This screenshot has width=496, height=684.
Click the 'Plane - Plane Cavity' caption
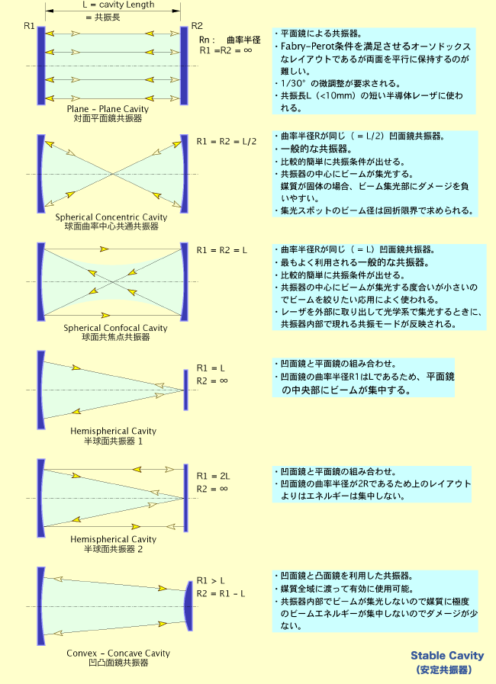pos(108,108)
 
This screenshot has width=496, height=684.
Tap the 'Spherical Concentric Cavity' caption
pos(111,217)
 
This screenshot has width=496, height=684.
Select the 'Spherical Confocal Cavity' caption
pos(115,328)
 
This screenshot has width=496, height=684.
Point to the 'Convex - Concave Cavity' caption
pos(118,653)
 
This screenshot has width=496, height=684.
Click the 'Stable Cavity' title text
pos(447,655)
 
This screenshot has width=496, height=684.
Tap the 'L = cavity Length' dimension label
pos(118,5)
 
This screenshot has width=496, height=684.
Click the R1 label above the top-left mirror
pos(29,26)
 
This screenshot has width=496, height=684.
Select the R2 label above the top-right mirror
pos(197,26)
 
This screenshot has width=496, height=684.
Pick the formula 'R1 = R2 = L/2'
pos(227,141)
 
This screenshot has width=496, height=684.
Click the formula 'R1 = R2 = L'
pos(222,250)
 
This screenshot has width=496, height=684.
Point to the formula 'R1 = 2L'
pos(213,476)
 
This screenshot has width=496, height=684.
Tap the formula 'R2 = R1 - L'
pos(221,593)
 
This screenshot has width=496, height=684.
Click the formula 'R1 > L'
pos(211,580)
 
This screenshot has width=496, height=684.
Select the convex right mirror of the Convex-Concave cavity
pos(188,606)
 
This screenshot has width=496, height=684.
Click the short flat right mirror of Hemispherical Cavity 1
pos(186,390)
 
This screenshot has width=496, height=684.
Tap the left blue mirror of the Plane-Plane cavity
pos(41,66)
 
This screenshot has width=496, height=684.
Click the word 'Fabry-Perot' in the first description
pos(309,47)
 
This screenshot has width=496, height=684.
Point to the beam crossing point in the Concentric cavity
pos(113,174)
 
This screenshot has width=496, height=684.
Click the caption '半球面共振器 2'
pos(113,549)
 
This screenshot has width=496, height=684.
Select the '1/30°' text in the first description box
pos(293,83)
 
